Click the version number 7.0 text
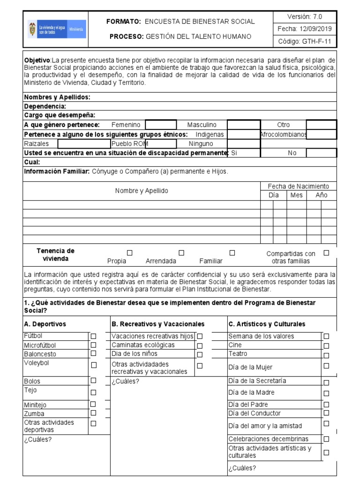[305, 16]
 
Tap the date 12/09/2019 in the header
[305, 29]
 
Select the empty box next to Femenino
[161, 125]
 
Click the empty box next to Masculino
[243, 125]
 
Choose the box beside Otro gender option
[321, 125]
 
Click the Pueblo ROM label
[129, 143]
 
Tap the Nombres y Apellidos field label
[57, 97]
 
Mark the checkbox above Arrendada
[181, 253]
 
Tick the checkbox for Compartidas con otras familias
[327, 253]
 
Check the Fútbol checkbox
[93, 336]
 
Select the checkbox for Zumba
[93, 413]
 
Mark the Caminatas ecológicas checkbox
[200, 345]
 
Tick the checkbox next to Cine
[326, 345]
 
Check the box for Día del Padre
[326, 404]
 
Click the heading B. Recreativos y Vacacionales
[158, 324]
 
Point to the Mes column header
[296, 195]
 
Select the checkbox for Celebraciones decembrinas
[326, 439]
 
